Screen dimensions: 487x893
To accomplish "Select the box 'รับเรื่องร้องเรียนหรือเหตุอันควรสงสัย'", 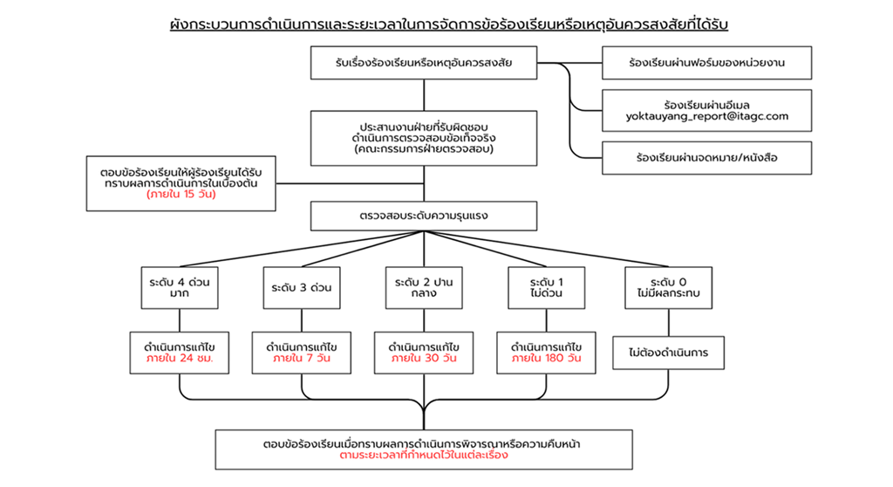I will [x=425, y=63].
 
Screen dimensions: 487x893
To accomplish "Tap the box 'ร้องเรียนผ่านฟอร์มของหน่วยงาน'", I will [x=706, y=63].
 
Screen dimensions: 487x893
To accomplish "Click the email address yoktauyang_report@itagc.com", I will [x=706, y=116].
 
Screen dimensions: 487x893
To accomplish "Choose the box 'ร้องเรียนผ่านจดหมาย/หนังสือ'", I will [x=706, y=158].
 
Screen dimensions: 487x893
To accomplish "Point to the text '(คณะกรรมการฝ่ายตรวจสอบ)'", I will [x=425, y=149].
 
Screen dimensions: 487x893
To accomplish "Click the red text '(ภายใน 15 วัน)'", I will [x=181, y=195].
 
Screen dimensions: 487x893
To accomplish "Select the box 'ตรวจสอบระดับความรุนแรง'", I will [x=425, y=215].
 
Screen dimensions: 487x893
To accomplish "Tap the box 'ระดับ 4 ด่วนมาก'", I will [x=181, y=288].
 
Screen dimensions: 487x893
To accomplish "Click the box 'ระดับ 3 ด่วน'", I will [x=302, y=288].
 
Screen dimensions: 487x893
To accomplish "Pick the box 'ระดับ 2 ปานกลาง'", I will [x=425, y=288].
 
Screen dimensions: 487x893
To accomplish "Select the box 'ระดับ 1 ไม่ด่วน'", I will [x=547, y=288].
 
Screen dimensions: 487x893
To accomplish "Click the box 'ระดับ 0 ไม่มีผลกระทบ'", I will [x=669, y=288].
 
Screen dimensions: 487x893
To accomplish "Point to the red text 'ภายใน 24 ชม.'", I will [x=181, y=359].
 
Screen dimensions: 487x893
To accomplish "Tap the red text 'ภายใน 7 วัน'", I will [x=302, y=359].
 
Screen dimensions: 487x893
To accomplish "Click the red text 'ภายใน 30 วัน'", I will [x=425, y=359].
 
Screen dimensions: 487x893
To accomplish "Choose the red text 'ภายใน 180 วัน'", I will [x=547, y=359].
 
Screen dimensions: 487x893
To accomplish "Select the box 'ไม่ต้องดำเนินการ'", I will [x=669, y=353].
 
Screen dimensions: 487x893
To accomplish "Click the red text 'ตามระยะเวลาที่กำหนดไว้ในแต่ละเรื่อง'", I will [x=425, y=455].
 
